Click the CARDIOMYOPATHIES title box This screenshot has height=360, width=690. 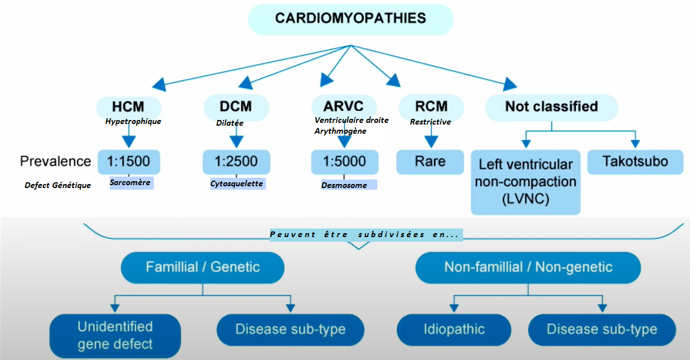[350, 18]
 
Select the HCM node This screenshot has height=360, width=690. [128, 106]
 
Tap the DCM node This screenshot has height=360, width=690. [236, 106]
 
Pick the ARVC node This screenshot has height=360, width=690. [344, 106]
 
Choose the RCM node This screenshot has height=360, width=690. [431, 106]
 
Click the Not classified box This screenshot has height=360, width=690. [551, 106]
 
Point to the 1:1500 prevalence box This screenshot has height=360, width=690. [129, 162]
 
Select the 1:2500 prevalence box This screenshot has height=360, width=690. [236, 162]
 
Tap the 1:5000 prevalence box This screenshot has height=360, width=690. [344, 162]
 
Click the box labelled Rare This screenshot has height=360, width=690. [430, 162]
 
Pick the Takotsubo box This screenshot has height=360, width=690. [635, 162]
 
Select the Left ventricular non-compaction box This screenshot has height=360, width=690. [525, 182]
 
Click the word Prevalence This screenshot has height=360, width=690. [55, 161]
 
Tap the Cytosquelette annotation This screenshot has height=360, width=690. [237, 183]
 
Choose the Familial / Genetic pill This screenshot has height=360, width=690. [202, 267]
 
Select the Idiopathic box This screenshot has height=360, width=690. [454, 329]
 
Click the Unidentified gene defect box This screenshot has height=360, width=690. [115, 335]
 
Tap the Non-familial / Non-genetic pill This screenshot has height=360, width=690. [528, 267]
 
